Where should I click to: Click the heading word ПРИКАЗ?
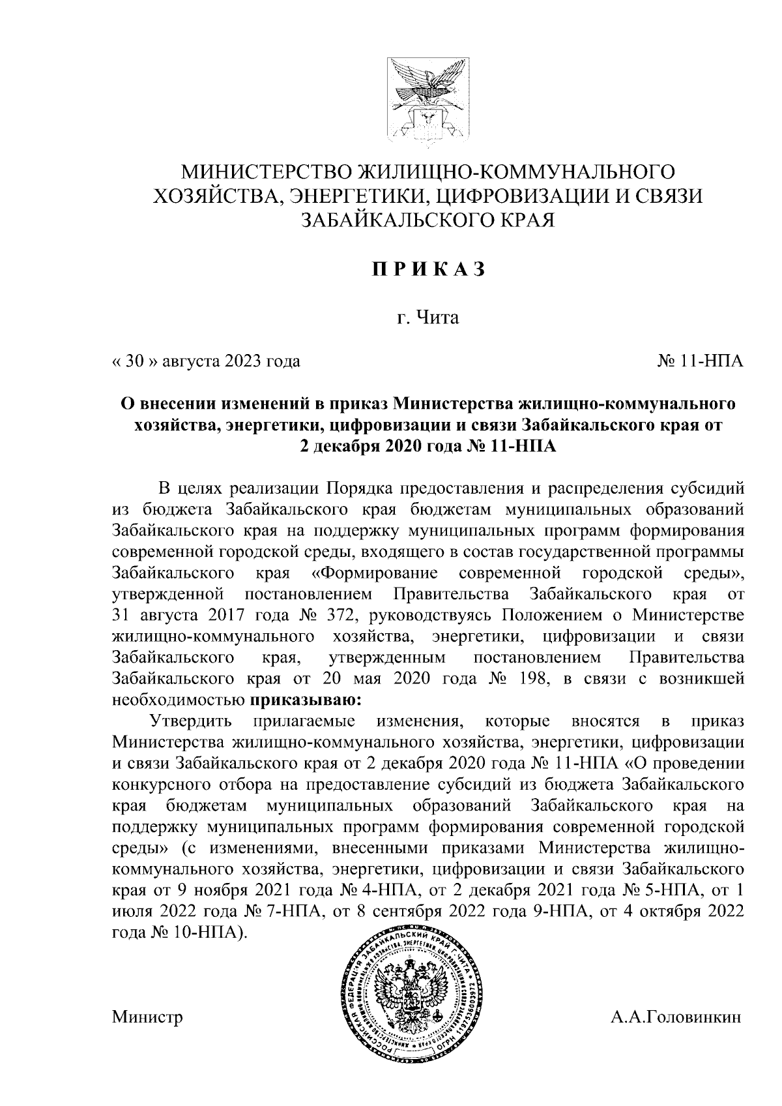[428, 269]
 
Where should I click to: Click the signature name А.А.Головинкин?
[676, 1036]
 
